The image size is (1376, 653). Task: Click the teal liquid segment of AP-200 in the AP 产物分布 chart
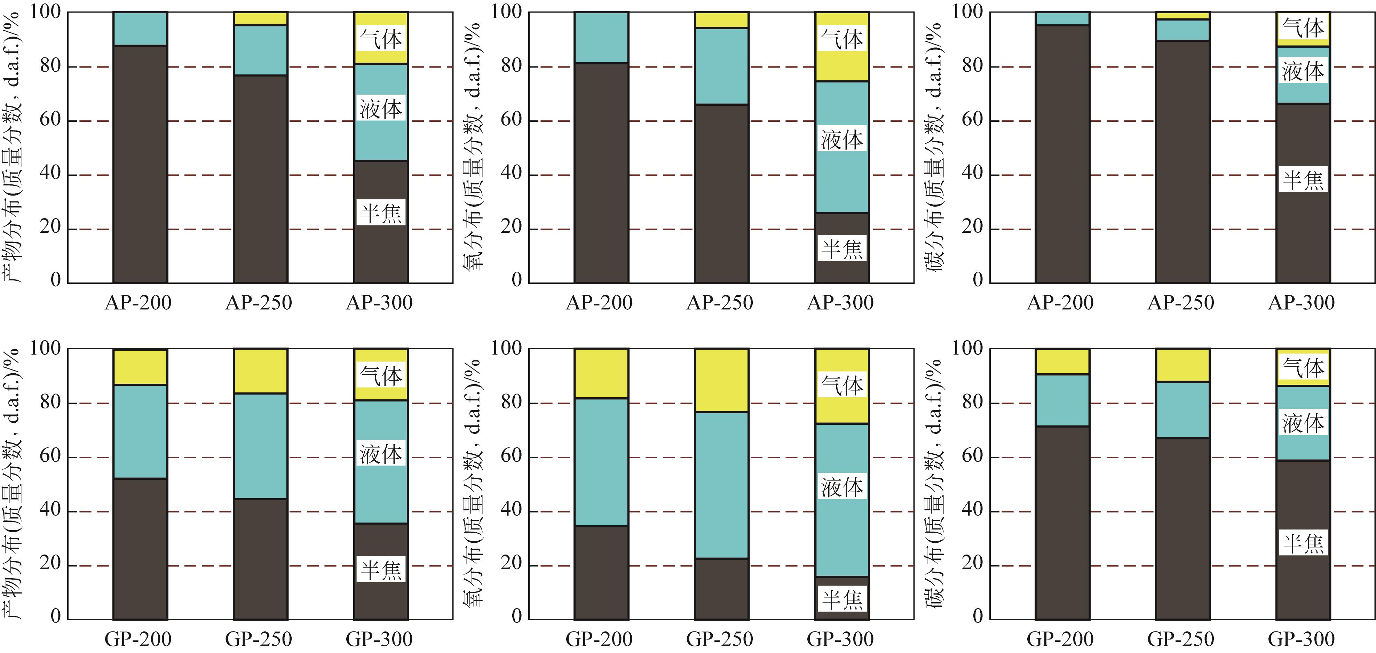[x=140, y=29]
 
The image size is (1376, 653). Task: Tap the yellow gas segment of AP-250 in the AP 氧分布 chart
[x=721, y=20]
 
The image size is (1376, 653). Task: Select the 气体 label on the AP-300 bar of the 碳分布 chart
[x=1303, y=27]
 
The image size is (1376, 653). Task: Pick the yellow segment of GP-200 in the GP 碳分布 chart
[x=1062, y=361]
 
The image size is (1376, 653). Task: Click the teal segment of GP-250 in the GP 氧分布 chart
[x=721, y=485]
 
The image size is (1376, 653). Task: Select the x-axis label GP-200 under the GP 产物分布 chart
[x=138, y=639]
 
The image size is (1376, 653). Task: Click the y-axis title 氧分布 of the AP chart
[x=472, y=146]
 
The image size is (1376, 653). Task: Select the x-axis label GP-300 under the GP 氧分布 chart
[x=840, y=639]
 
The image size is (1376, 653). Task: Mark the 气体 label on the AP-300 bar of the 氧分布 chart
[x=842, y=39]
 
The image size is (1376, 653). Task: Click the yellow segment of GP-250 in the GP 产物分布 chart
[x=260, y=371]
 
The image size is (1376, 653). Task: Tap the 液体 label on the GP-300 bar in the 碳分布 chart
[x=1303, y=423]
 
